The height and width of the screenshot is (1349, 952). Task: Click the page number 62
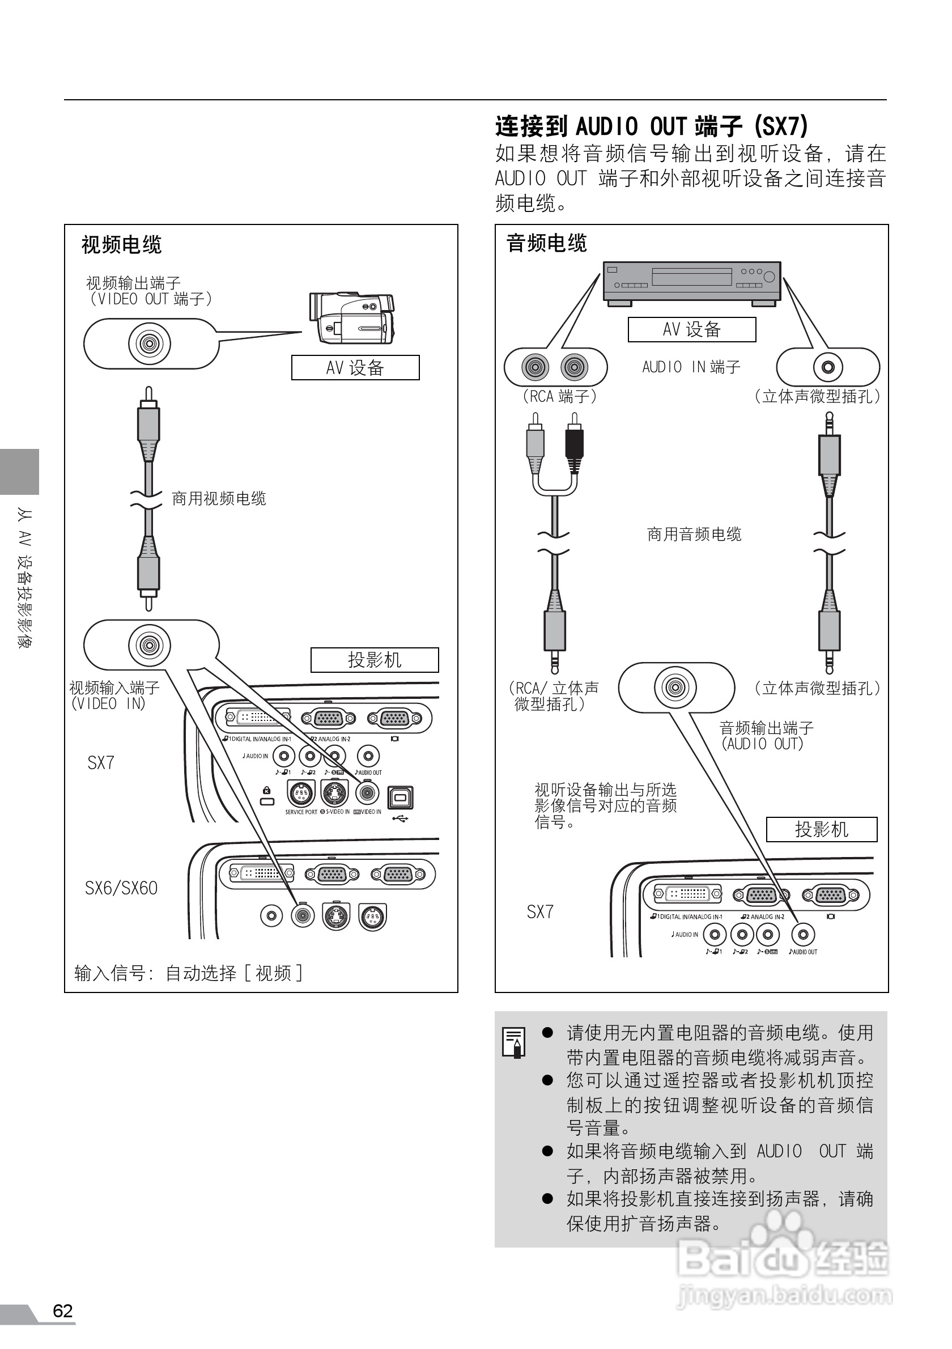(x=62, y=1311)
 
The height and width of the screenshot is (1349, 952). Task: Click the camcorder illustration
(x=351, y=317)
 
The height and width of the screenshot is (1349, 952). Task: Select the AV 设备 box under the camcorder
(x=355, y=368)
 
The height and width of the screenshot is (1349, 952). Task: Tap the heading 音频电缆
(x=546, y=243)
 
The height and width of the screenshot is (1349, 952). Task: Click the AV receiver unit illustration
(x=692, y=283)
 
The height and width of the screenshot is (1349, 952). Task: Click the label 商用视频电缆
(x=219, y=499)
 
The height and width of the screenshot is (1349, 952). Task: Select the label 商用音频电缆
(x=694, y=534)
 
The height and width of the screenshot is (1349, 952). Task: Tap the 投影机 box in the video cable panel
(x=374, y=660)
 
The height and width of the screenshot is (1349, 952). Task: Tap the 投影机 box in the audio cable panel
(x=821, y=829)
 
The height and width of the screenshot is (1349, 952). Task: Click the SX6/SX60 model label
(x=121, y=888)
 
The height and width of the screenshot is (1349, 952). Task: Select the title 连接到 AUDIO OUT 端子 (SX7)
(x=651, y=126)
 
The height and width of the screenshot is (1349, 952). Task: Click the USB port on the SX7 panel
(x=400, y=797)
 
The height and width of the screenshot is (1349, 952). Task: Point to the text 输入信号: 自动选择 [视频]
(x=188, y=973)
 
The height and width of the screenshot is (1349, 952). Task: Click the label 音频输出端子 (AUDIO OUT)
(x=766, y=736)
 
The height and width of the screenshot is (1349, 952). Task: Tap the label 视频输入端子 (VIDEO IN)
(x=114, y=695)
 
